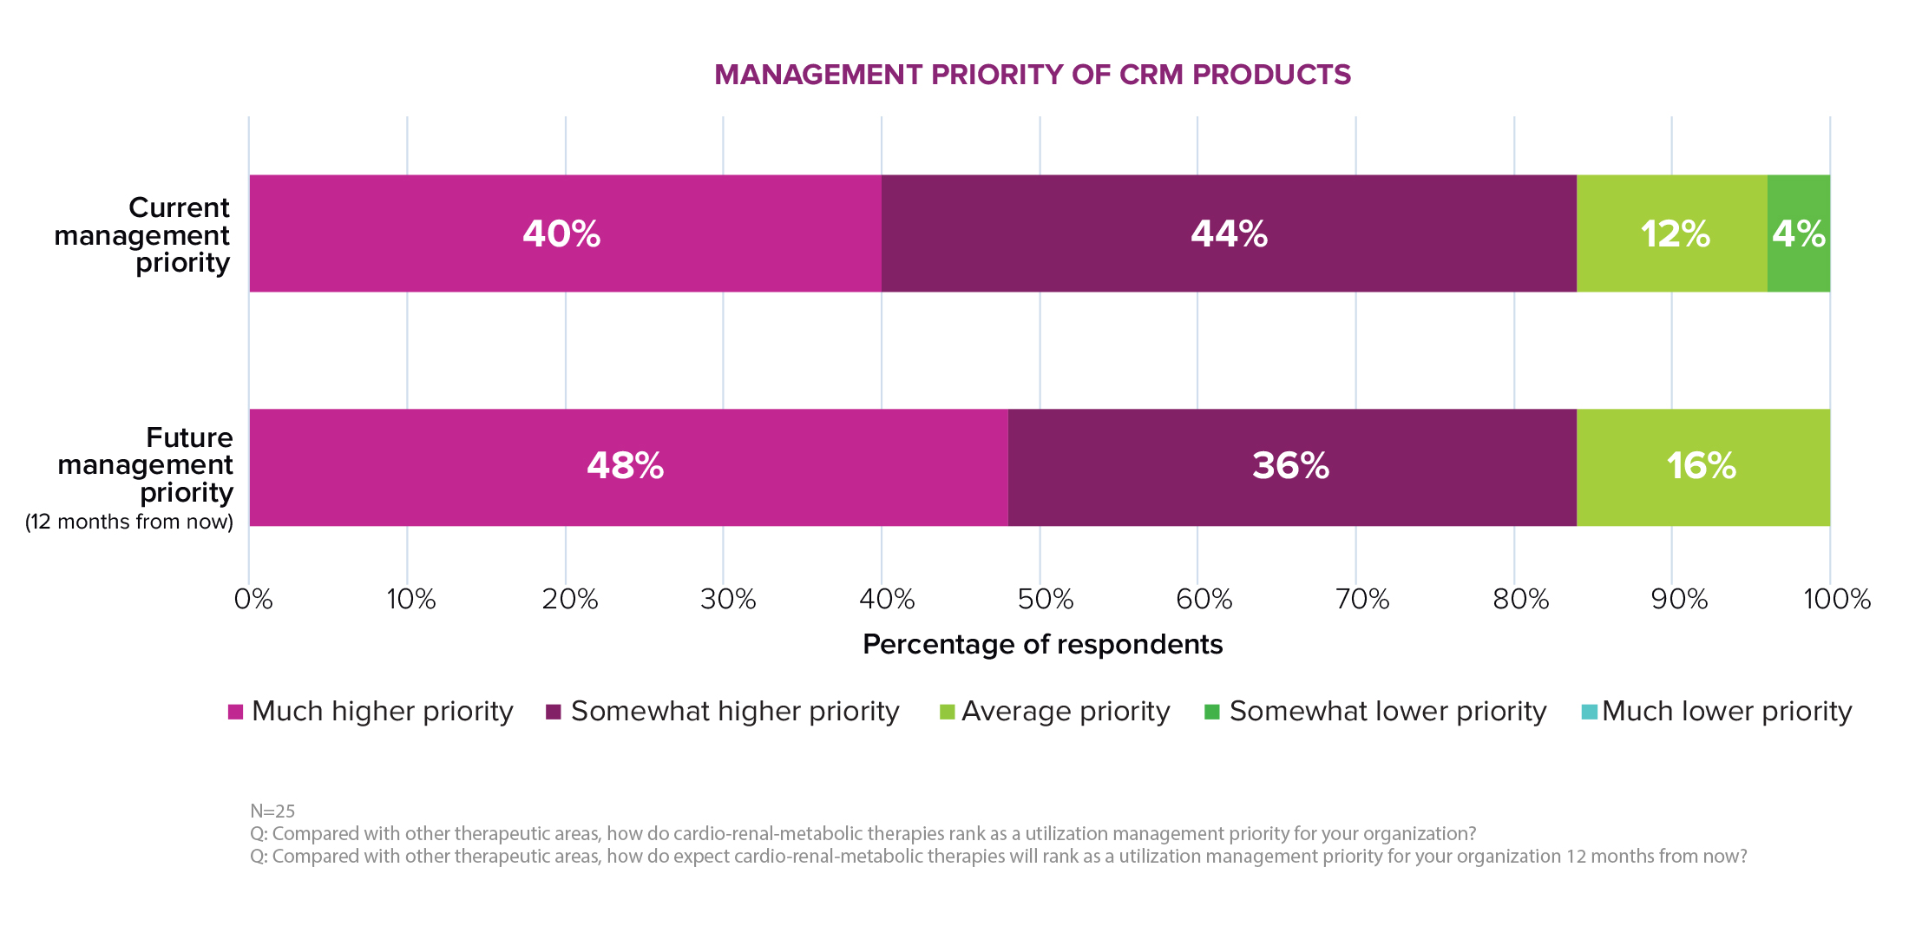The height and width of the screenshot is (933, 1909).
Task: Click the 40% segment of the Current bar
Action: tap(564, 233)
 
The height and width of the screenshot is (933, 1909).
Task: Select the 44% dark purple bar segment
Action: tap(1228, 233)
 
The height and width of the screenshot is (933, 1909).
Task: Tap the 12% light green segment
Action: tap(1672, 233)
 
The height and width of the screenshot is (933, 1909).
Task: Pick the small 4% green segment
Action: tap(1798, 233)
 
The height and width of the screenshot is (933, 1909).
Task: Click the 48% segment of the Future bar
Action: tap(627, 467)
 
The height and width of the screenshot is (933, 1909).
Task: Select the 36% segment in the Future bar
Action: tap(1291, 467)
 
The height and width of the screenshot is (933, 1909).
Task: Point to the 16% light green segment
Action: tap(1702, 467)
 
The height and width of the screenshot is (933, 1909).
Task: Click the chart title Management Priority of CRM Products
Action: tap(1033, 75)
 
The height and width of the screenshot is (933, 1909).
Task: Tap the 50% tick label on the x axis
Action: tap(1046, 599)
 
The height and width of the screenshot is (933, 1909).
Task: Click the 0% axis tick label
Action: tap(253, 599)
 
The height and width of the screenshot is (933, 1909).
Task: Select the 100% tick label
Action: tap(1837, 599)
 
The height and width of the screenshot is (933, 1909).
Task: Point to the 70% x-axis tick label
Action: tap(1361, 599)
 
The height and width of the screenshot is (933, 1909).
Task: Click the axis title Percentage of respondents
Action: tap(1042, 645)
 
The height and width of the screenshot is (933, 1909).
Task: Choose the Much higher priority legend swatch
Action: tap(235, 712)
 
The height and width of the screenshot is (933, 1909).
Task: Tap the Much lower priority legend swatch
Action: tap(1589, 712)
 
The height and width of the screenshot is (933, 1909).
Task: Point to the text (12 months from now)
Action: tap(129, 522)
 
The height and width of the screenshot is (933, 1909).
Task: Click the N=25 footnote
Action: tap(272, 811)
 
